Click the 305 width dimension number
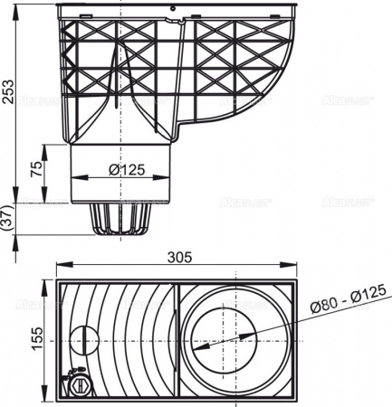[180, 257]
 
